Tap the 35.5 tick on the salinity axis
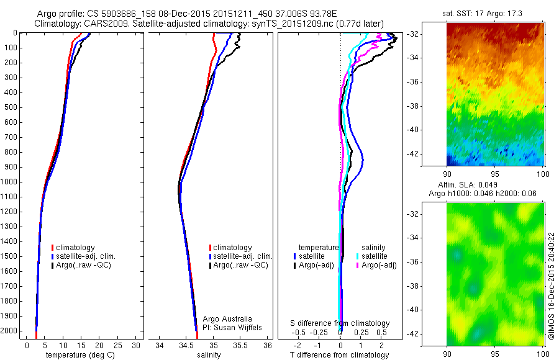click(240, 345)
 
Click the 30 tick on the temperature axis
click(137, 345)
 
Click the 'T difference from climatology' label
click(340, 355)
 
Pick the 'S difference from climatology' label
click(340, 323)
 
